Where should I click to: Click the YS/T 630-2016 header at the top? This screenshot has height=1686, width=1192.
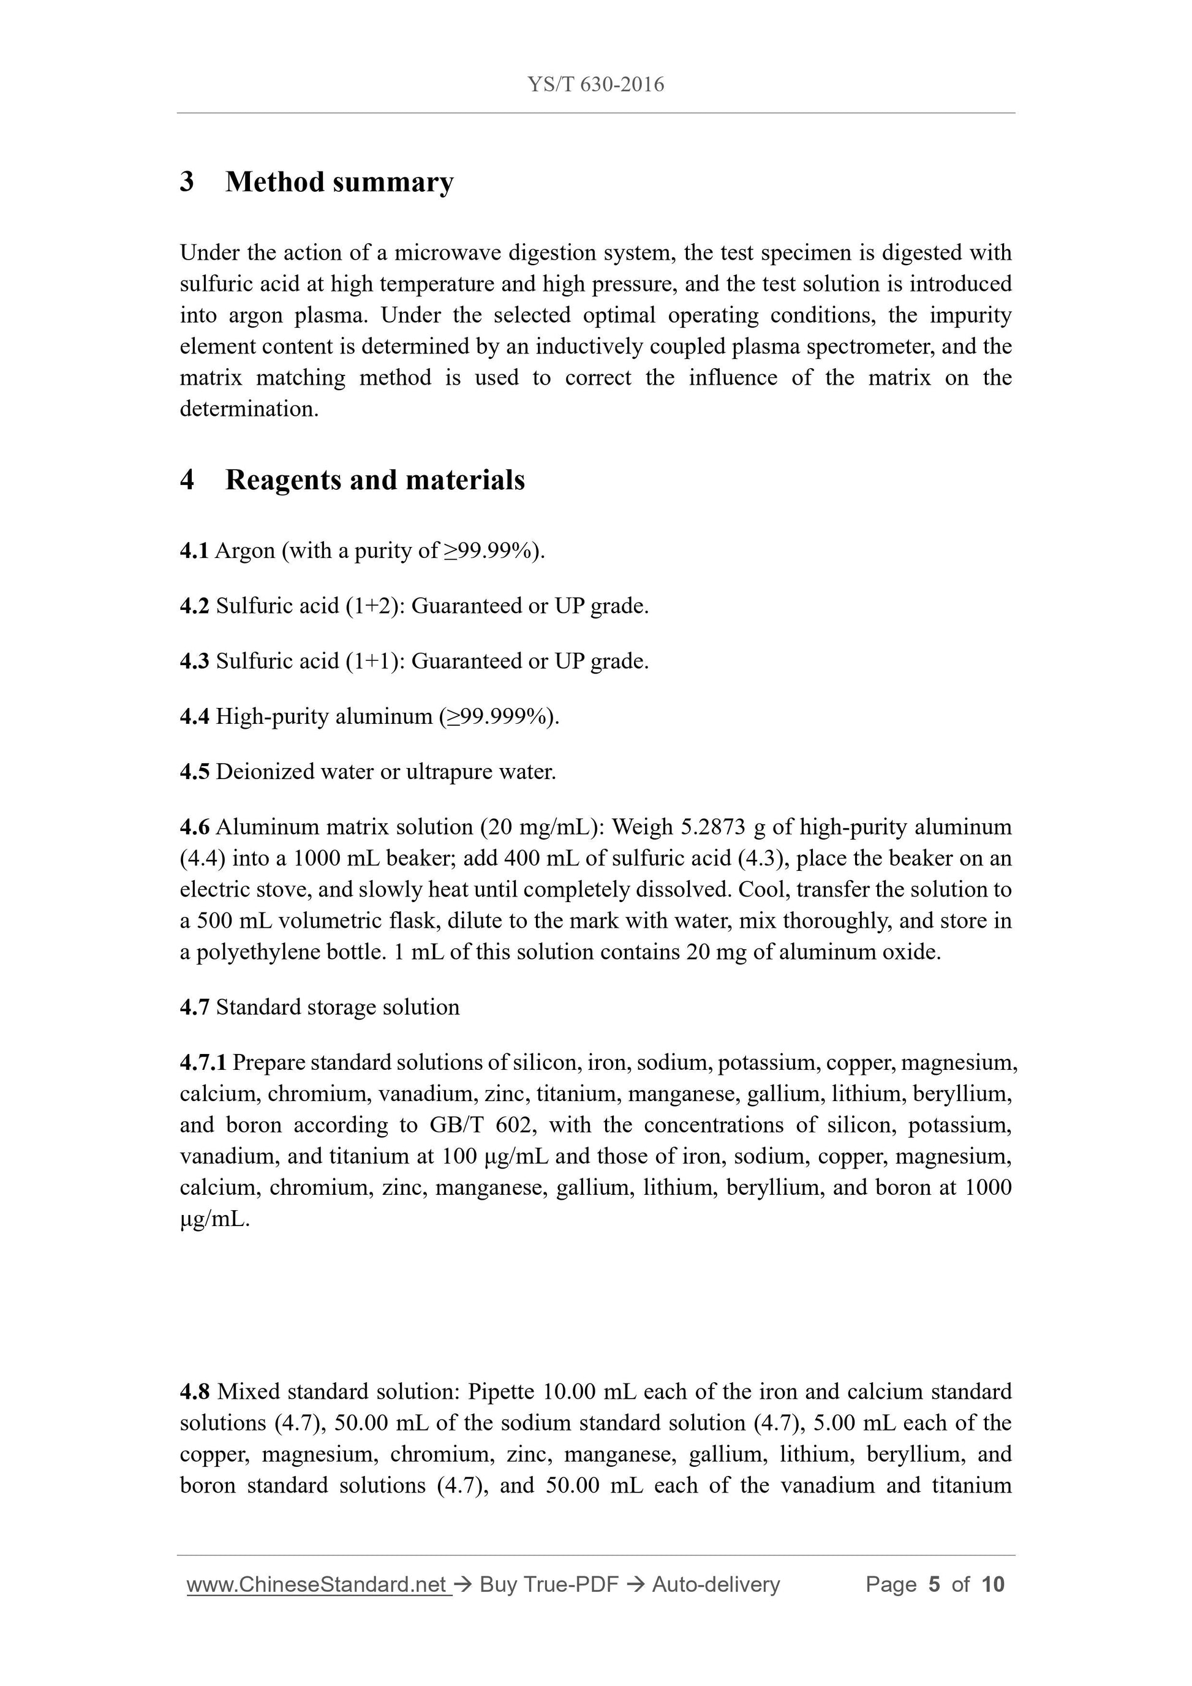pos(595,85)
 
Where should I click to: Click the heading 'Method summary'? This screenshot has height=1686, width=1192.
pos(339,182)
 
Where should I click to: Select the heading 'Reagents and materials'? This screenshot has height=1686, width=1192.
pos(374,480)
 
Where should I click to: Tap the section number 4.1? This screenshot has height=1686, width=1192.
pos(194,551)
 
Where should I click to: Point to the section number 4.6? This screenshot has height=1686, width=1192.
pos(194,827)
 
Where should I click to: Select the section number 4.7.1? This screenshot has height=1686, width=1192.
pos(203,1063)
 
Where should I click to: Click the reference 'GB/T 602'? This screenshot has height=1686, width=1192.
pos(477,1125)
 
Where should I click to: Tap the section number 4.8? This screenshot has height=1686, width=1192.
pos(195,1391)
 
